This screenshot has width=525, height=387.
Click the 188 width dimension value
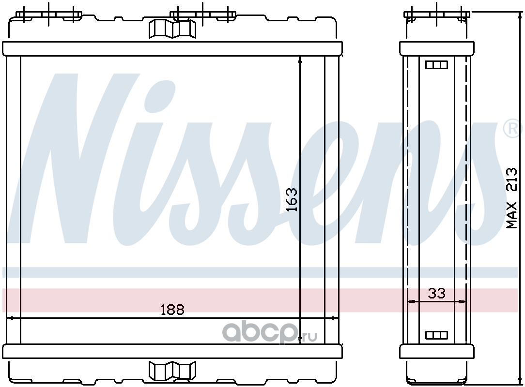pos(172,310)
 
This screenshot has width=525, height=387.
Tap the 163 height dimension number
pos(292,200)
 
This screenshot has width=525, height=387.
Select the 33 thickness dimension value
pos(436,293)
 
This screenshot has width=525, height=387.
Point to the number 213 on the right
pos(511,179)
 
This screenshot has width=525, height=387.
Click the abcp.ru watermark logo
pos(270,332)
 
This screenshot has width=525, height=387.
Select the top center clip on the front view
pos(172,29)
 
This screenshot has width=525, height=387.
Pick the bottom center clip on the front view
pos(172,370)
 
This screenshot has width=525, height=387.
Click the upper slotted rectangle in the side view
pos(436,64)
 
